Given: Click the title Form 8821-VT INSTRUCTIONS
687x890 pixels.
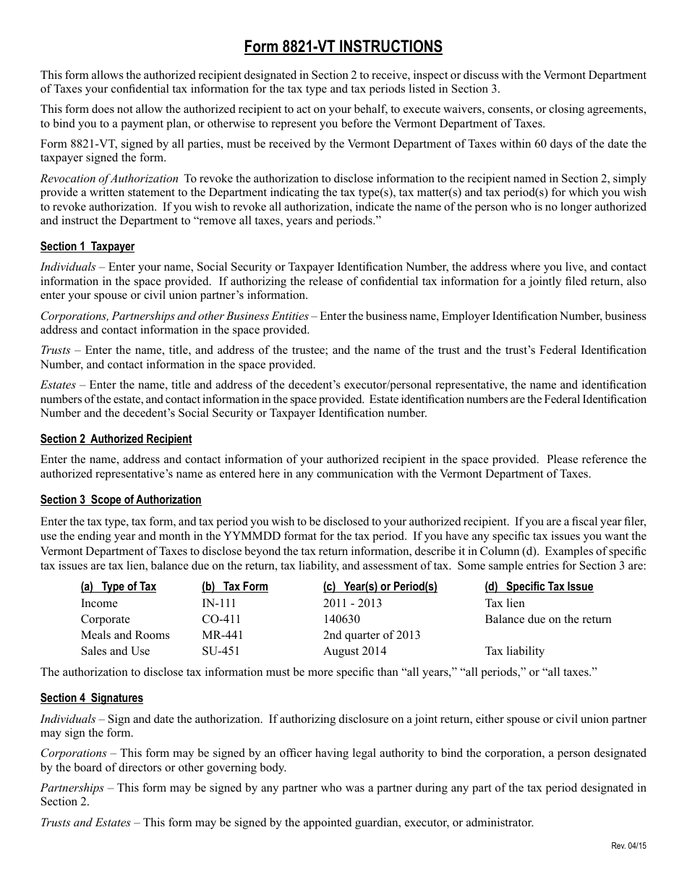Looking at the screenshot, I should (343, 47).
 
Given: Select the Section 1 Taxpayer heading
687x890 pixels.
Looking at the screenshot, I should (88, 247).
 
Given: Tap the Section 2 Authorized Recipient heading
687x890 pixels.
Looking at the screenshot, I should (116, 438).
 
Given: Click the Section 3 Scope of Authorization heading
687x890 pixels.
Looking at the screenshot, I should (121, 499).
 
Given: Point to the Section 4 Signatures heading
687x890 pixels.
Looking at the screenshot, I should (92, 698).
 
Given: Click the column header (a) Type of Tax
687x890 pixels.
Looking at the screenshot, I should (119, 587).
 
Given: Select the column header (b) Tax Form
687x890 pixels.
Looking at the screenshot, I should (235, 587).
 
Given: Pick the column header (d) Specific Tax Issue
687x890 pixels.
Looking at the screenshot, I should (539, 587).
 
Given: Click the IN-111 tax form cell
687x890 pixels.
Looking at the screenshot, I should (219, 603).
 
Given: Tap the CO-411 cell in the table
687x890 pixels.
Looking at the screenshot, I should (221, 619).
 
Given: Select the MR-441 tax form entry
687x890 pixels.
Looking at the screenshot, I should (223, 635).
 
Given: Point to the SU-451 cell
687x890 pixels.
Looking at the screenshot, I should (221, 650).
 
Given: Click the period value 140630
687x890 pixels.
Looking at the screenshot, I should (341, 619).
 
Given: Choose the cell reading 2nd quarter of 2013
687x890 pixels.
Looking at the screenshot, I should (372, 635).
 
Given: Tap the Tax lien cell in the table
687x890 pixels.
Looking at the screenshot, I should (505, 603).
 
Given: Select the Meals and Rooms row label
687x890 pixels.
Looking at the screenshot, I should (125, 635).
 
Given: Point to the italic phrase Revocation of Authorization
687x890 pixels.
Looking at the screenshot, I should (109, 178).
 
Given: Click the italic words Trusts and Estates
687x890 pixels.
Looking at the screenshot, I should (85, 822).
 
